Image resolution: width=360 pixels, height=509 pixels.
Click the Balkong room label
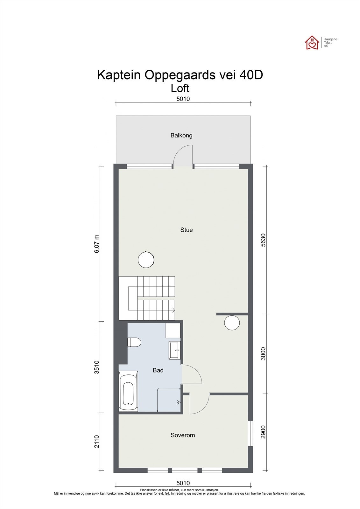(181, 136)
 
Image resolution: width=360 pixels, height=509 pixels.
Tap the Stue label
(187, 230)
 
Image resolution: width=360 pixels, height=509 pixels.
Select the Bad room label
(158, 370)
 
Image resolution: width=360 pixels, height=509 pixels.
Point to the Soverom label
(182, 435)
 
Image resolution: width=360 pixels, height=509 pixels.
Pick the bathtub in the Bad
(128, 392)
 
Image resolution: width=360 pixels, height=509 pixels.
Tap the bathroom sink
(175, 350)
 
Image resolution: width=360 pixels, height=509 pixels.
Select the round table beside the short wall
(232, 323)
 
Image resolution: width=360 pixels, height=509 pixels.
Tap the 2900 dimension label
(263, 432)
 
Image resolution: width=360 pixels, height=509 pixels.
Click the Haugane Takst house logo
(312, 43)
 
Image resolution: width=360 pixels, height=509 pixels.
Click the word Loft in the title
(180, 87)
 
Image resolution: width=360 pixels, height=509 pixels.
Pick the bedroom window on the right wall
(251, 433)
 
